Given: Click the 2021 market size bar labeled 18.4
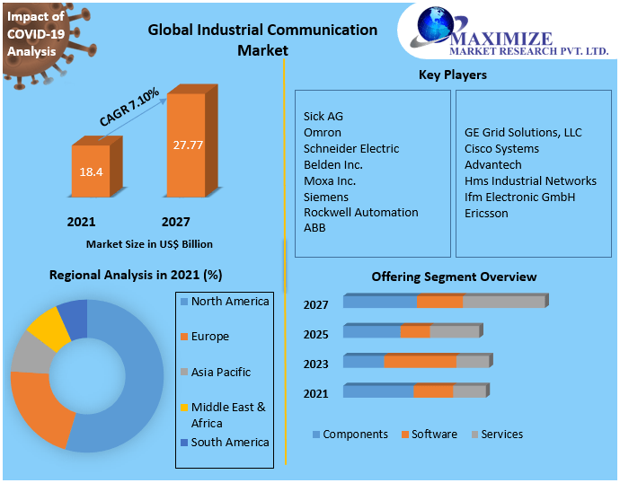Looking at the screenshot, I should (x=91, y=170).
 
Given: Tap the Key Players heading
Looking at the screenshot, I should (x=453, y=75).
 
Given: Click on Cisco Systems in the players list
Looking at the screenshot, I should (x=501, y=148).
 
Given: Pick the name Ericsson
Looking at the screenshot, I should (x=486, y=213).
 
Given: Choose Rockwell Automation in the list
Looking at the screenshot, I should (x=360, y=213).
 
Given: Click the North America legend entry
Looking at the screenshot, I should (x=230, y=302).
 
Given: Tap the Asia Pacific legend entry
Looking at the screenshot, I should (x=220, y=372).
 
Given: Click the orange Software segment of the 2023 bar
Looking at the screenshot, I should (x=420, y=361).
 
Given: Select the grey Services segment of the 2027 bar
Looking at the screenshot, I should (x=503, y=302).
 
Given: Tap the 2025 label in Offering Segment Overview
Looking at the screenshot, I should (x=315, y=334).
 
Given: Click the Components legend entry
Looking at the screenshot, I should (x=355, y=435).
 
